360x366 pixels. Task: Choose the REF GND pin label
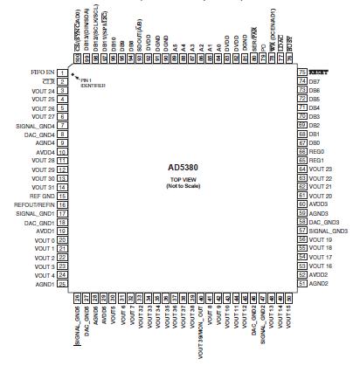41,196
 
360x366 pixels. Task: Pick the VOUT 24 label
40,91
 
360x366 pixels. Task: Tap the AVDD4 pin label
44,152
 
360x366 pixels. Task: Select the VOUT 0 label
42,239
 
